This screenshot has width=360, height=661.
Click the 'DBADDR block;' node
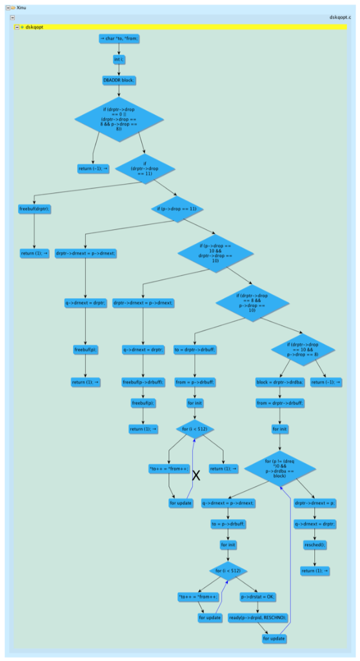(x=119, y=80)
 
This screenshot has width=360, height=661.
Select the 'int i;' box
(x=119, y=59)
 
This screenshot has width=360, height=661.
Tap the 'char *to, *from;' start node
(x=119, y=39)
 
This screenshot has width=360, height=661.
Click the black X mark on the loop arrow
(x=196, y=476)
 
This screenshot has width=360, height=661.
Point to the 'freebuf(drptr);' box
(x=34, y=209)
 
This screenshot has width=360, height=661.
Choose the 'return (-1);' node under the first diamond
(x=93, y=168)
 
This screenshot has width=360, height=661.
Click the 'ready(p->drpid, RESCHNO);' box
(x=257, y=617)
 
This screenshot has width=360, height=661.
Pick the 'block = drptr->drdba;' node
(x=279, y=382)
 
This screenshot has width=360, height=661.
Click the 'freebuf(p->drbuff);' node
(x=141, y=382)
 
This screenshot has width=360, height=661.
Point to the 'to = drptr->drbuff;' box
(x=195, y=350)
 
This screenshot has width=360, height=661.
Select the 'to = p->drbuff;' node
(x=226, y=524)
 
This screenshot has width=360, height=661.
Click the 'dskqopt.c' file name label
(x=339, y=19)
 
